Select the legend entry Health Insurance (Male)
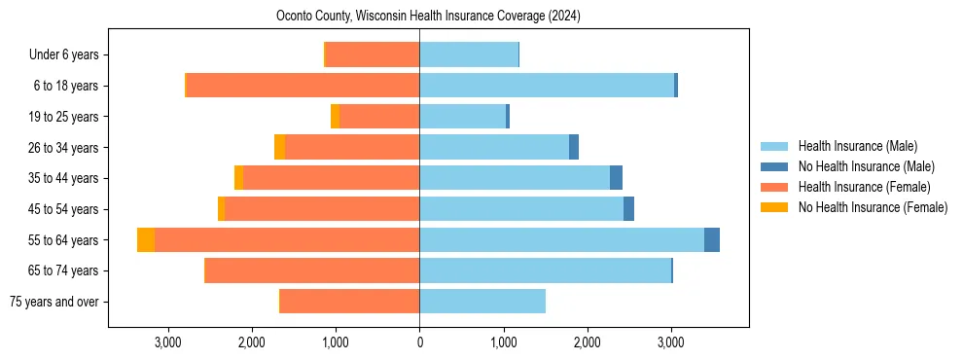857,146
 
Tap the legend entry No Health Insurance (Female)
872,207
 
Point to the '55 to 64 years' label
61,240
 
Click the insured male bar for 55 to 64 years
561,240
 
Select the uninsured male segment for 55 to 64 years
712,240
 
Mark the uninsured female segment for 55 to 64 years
146,240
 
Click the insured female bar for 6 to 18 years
303,86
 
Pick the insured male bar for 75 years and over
482,302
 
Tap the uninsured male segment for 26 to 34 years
574,148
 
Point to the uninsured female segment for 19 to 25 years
336,117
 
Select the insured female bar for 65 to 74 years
312,270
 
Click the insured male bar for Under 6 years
469,55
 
